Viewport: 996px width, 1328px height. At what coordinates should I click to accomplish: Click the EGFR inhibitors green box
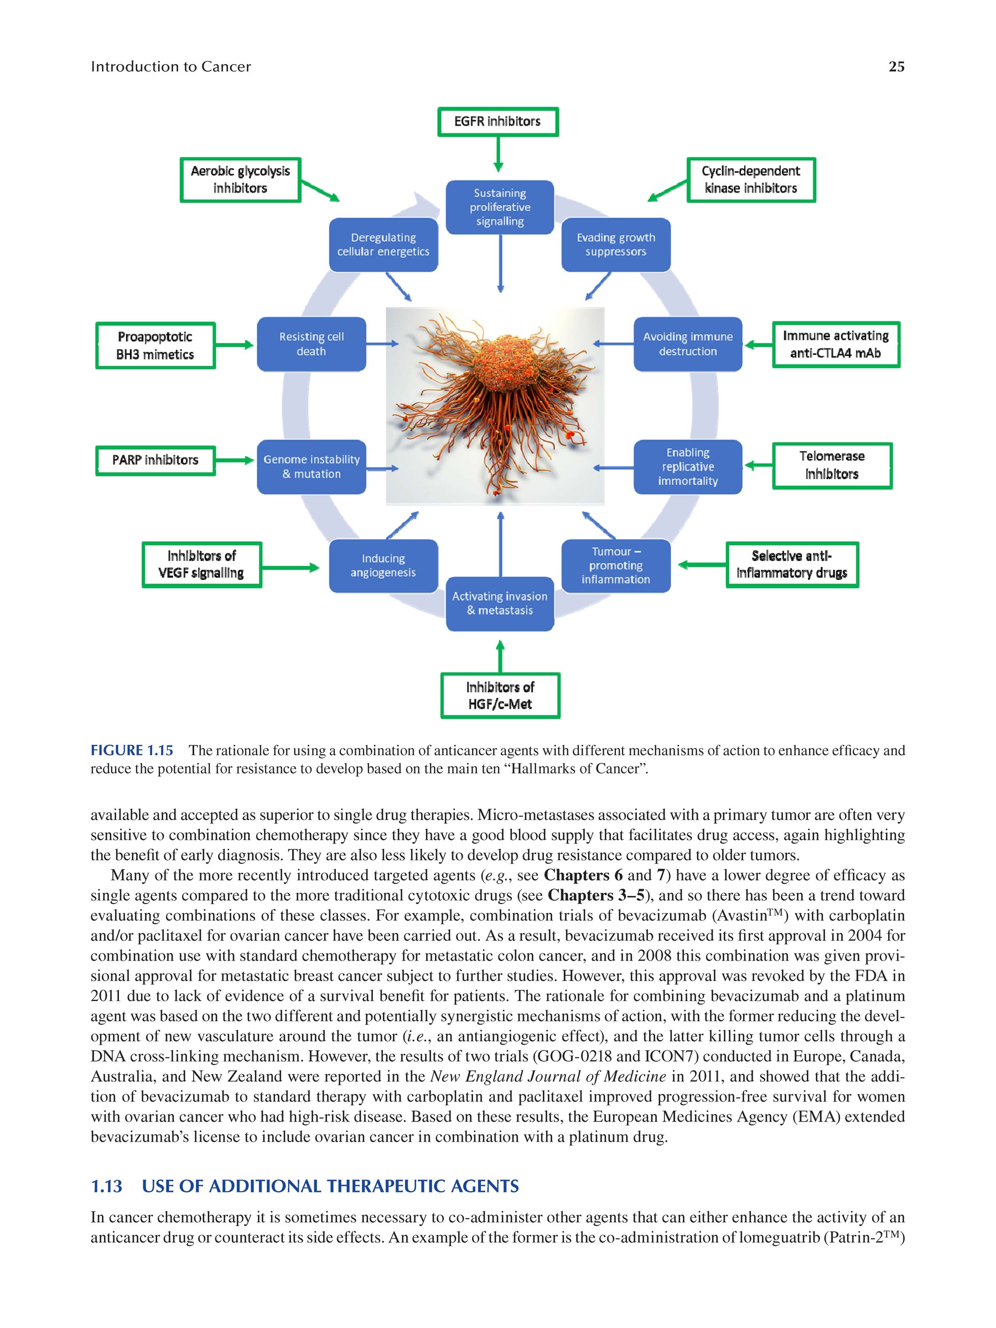[x=497, y=122]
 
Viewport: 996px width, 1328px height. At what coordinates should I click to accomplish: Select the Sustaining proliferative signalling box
[x=500, y=207]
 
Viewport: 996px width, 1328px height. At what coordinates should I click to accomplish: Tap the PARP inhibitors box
[x=155, y=460]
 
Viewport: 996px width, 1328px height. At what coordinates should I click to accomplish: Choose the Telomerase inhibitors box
[x=832, y=465]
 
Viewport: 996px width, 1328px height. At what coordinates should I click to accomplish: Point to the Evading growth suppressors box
[x=615, y=245]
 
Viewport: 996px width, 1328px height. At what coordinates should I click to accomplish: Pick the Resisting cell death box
[x=311, y=344]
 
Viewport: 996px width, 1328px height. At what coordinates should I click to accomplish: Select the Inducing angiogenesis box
[x=383, y=566]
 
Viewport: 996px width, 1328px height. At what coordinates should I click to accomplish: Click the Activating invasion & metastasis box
[x=500, y=603]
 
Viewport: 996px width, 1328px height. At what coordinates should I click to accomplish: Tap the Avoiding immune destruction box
[x=687, y=344]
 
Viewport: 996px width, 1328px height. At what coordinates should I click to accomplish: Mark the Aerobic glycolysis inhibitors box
[x=240, y=179]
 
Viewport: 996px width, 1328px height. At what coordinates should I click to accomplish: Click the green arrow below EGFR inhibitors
[x=497, y=154]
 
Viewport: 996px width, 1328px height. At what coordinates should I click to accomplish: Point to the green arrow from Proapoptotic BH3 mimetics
[x=235, y=345]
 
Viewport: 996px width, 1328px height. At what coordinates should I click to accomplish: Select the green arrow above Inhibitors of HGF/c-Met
[x=500, y=656]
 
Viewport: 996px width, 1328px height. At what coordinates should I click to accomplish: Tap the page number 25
[x=896, y=66]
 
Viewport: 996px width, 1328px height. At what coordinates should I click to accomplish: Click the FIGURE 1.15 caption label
[x=132, y=750]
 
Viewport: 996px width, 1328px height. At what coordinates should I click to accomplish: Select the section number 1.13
[x=106, y=1186]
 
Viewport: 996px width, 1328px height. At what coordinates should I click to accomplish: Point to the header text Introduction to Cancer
[x=171, y=66]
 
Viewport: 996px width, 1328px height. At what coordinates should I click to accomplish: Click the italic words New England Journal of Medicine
[x=548, y=1076]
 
